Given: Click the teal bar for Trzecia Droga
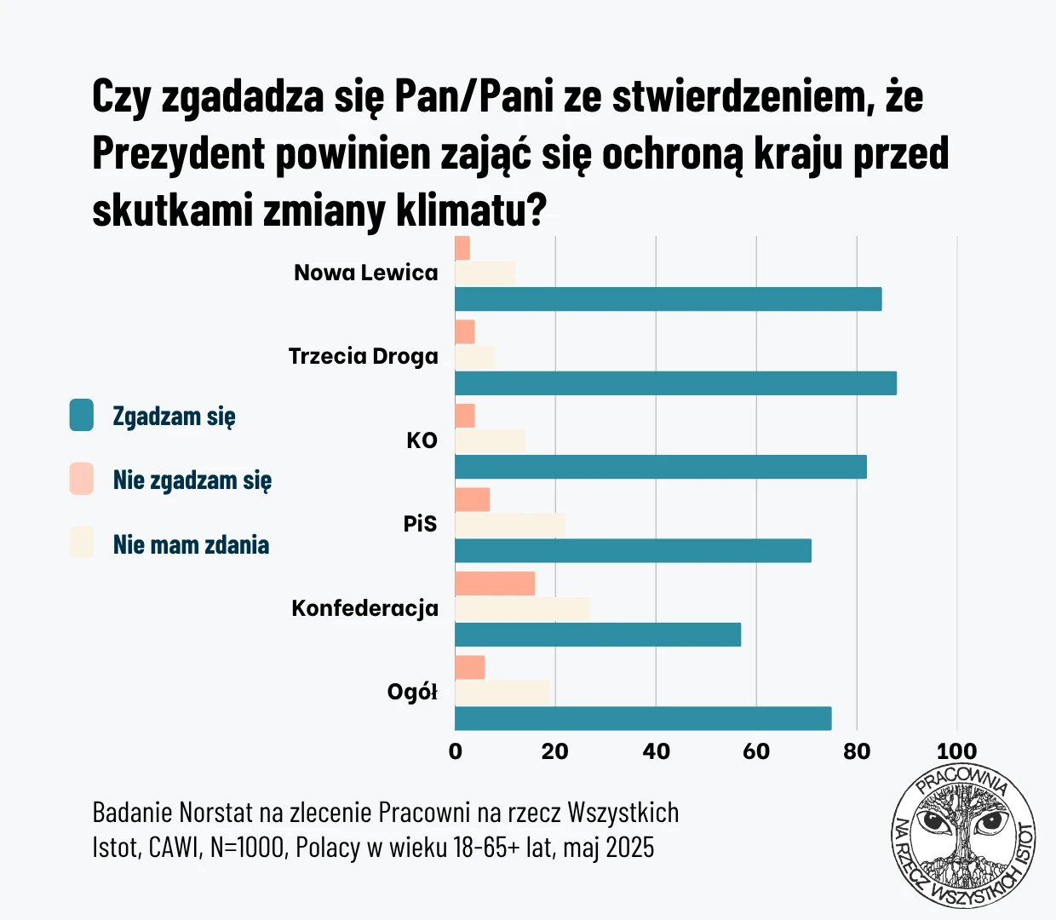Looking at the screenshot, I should [675, 383].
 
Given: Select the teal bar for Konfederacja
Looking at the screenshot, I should [598, 635].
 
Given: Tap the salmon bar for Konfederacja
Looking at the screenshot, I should [495, 584].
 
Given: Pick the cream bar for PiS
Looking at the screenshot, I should [510, 526].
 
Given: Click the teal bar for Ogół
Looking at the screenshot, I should [643, 718].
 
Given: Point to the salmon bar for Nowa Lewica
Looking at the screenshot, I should [462, 248].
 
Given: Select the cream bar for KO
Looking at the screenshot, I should [490, 441].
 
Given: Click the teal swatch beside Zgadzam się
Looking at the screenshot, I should [82, 416].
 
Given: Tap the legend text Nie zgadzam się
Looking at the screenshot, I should [192, 480].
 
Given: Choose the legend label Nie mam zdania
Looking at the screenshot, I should [191, 545].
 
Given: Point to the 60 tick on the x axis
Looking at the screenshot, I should [756, 751].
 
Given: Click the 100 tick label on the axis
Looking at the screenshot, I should [956, 751].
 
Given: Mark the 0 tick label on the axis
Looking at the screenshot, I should [456, 751].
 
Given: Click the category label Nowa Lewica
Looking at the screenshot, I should [366, 273].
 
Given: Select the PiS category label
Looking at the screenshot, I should [420, 524].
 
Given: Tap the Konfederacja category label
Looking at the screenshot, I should [365, 608].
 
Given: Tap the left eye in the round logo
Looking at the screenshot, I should [935, 823].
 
